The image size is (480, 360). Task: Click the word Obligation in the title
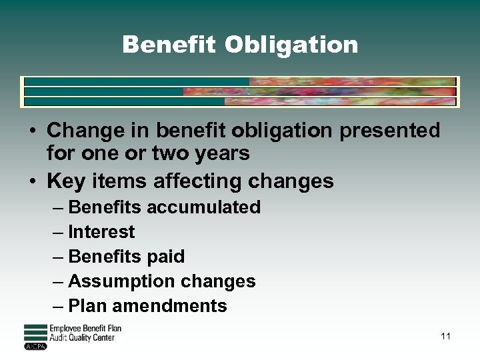291,45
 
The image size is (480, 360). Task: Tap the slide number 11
445,336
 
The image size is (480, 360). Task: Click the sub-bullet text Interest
101,232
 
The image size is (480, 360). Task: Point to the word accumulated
203,207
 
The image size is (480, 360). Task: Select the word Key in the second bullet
63,181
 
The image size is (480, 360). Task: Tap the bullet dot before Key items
33,181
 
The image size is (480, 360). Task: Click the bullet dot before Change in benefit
33,131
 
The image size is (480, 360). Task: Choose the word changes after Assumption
223,281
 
